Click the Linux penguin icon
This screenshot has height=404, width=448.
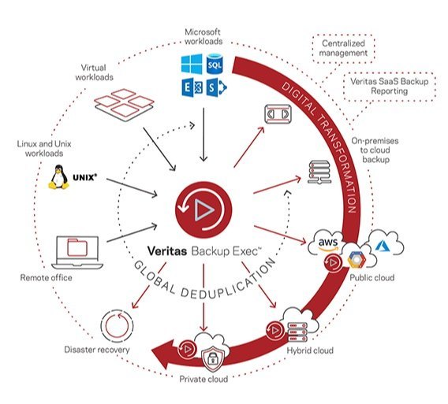(58, 177)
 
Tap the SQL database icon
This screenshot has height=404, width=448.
(215, 65)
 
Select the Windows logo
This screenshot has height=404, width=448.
(192, 65)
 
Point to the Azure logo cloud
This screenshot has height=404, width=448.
(385, 244)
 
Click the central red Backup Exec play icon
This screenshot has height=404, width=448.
(203, 209)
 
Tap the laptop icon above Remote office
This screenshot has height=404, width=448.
(77, 253)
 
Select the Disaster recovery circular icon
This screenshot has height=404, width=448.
(117, 325)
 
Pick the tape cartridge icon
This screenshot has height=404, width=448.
(278, 114)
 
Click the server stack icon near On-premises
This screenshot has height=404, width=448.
(319, 172)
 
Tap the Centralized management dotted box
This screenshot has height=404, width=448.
(343, 48)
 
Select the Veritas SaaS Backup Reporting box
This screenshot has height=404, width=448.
(389, 86)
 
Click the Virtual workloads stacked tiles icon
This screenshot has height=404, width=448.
(125, 105)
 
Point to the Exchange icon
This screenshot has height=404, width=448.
(192, 87)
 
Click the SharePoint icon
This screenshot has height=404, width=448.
(216, 87)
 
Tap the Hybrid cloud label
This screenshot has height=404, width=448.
(310, 350)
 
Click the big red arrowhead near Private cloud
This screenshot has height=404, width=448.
(162, 354)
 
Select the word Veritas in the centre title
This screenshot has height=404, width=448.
(167, 251)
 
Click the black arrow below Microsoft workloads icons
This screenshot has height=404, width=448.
(203, 135)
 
